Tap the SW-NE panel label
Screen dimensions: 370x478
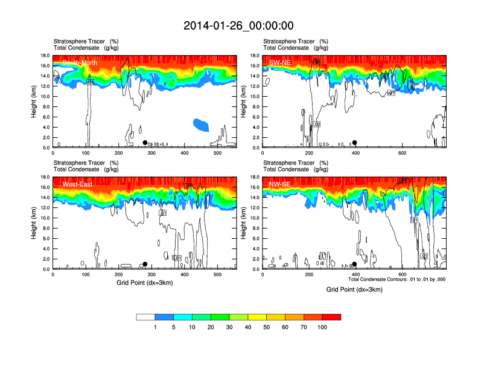tap(279, 62)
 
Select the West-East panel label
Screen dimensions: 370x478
tap(77, 184)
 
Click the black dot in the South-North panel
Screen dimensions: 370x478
tap(145, 143)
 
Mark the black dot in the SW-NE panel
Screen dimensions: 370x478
tap(355, 143)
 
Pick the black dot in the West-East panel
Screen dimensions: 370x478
tap(145, 264)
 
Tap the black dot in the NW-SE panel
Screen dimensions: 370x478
tap(354, 264)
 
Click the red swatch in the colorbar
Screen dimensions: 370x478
tap(331, 317)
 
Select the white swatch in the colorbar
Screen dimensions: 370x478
tap(146, 317)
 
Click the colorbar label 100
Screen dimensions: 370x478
tap(322, 327)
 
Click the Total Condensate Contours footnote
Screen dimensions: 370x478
tap(397, 279)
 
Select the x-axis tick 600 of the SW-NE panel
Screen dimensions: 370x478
tap(401, 154)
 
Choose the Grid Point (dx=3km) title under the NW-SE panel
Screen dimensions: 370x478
tap(354, 290)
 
